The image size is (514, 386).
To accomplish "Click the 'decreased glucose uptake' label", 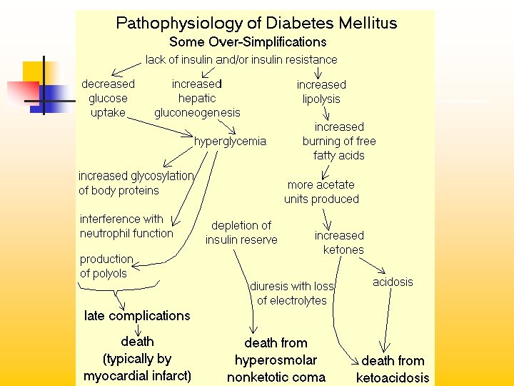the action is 108,98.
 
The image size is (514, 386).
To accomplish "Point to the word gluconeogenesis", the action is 197,112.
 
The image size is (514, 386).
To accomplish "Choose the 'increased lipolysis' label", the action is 321,91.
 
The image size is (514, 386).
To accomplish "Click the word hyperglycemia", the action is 230,141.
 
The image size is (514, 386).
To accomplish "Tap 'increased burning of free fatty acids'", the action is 339,141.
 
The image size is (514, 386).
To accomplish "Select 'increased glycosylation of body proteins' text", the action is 136,183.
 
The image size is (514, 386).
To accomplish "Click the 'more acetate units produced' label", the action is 321,192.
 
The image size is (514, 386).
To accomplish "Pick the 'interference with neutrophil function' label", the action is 126,226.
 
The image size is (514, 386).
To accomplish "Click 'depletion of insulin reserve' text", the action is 241,232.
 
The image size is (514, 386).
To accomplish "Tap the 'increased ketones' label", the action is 339,242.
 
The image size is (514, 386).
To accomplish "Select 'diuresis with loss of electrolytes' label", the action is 292,293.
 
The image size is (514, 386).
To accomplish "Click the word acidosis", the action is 393,282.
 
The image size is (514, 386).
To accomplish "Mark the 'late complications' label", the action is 137,315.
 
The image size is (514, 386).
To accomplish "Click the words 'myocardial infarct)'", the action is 137,376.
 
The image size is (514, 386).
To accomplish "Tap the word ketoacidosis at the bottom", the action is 393,377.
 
